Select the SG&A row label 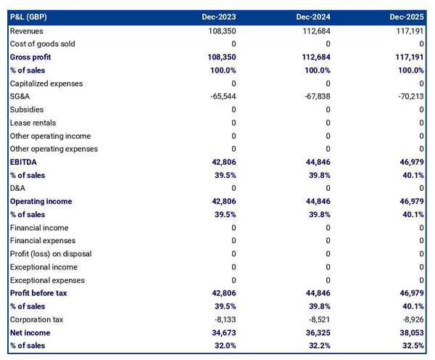[20, 97]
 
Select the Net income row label [30, 332]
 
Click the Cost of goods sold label [42, 44]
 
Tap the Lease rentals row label [33, 123]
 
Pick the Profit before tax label [39, 293]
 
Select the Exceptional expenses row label [47, 280]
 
